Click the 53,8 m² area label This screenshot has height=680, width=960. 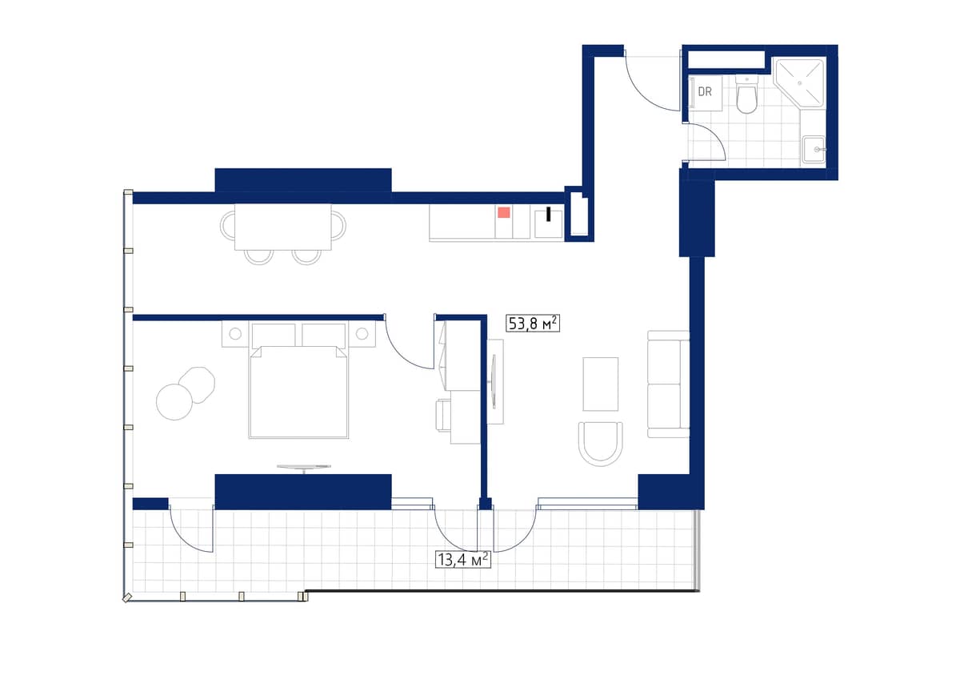click(x=532, y=323)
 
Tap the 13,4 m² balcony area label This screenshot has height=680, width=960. click(x=462, y=559)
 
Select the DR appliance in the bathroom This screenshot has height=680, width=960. click(x=705, y=92)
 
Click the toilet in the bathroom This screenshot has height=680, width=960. click(x=746, y=95)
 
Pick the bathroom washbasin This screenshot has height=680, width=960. click(x=814, y=149)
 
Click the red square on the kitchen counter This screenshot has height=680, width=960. click(x=504, y=212)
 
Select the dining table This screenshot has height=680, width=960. click(x=283, y=227)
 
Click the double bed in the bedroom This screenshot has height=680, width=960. click(x=298, y=388)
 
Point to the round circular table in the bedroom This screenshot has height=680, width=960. click(x=174, y=401)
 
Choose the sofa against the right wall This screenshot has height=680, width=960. click(x=668, y=384)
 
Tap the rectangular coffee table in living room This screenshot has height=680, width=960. click(x=601, y=384)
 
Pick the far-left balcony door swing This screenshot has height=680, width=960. click(x=190, y=529)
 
